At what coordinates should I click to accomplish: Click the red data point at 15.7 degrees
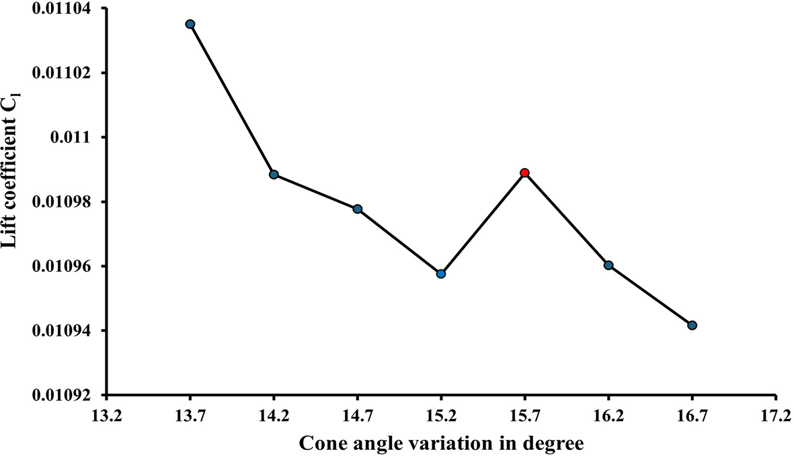tap(524, 173)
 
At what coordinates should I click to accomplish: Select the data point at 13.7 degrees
tap(190, 24)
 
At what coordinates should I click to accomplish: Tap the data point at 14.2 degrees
tap(274, 175)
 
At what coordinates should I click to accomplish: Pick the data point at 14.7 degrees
tap(358, 209)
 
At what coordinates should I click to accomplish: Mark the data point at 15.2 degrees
tap(441, 274)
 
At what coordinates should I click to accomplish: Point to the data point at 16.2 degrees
tap(608, 265)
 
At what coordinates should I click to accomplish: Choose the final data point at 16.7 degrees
tap(692, 325)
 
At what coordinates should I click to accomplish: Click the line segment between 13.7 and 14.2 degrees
tap(232, 99)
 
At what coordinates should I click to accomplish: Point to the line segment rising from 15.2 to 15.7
tap(483, 224)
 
